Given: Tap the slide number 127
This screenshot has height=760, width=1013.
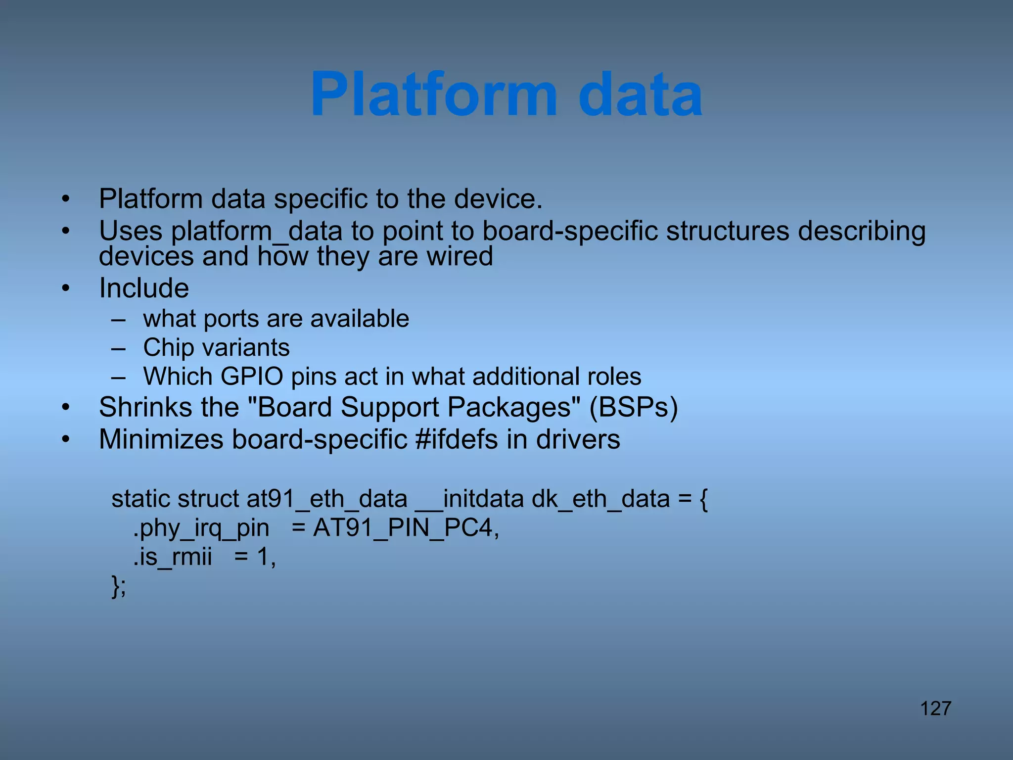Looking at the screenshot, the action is (x=935, y=709).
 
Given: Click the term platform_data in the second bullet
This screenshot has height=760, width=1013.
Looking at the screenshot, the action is (x=257, y=232).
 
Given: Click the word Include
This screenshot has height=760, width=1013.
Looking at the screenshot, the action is (x=144, y=288).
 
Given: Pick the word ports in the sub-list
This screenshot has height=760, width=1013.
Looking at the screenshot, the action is (x=231, y=319).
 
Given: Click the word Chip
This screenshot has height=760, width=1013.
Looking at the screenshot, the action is (x=168, y=347).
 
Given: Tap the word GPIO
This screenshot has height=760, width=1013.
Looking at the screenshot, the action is (x=251, y=377).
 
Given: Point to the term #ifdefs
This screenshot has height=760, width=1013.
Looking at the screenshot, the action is (x=457, y=439).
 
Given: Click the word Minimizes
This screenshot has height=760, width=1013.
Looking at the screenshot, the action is (x=161, y=439).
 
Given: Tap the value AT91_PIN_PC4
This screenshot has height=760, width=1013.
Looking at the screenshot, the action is (x=406, y=527).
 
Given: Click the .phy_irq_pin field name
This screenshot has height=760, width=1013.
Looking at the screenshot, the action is (x=201, y=528).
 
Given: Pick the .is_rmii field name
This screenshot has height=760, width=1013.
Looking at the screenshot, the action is (x=173, y=557).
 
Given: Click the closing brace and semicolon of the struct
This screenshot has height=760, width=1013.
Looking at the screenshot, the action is (x=119, y=586).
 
